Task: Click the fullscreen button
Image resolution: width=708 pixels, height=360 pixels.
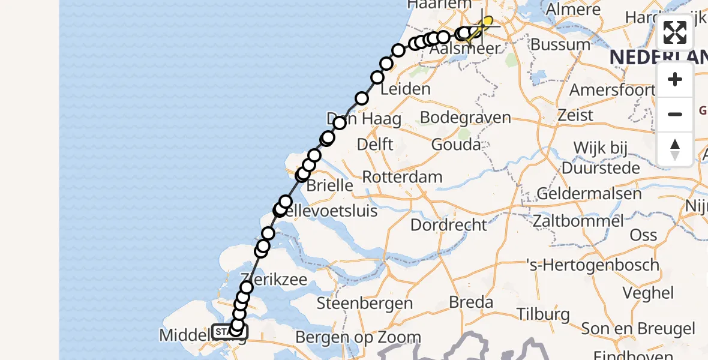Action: [675, 32]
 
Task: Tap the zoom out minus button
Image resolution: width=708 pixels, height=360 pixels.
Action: [675, 114]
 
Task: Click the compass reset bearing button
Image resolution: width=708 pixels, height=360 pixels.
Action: [675, 149]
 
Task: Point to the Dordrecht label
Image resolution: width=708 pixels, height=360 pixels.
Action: [449, 225]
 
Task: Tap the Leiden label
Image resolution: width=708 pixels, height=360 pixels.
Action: [406, 89]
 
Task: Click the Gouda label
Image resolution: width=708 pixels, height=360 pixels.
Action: [455, 145]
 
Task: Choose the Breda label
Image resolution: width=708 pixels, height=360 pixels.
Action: [471, 302]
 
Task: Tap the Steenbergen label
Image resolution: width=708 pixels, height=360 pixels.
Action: [365, 304]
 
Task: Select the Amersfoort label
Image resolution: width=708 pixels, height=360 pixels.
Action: [611, 90]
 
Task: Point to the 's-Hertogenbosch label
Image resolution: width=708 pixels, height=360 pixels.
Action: [592, 265]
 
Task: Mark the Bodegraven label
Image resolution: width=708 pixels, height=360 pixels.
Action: [466, 117]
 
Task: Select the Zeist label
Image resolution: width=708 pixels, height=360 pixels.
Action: [575, 115]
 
